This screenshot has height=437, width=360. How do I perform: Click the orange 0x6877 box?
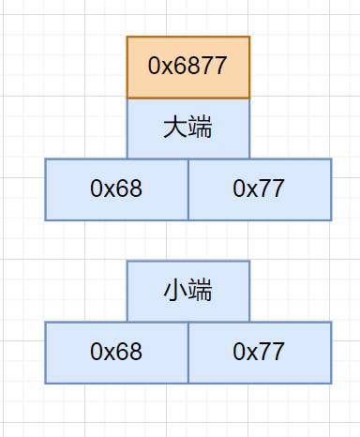[x=188, y=68]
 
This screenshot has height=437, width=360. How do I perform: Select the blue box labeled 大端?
[x=188, y=128]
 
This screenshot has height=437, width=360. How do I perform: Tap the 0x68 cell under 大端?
[x=116, y=189]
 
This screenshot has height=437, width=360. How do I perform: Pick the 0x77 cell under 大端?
[x=260, y=189]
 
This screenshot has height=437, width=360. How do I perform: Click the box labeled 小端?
[x=188, y=292]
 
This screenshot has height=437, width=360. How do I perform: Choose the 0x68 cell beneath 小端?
[x=116, y=353]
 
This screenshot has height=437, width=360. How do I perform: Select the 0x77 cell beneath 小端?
[x=260, y=353]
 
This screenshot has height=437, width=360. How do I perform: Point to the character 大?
[x=175, y=128]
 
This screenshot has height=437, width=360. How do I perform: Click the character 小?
[x=175, y=292]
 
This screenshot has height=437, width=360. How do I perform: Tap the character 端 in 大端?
[x=201, y=128]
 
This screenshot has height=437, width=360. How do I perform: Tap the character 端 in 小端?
[x=201, y=292]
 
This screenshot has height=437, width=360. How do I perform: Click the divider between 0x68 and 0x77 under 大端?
[x=188, y=189]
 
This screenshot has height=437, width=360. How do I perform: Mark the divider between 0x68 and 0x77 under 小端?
[x=188, y=353]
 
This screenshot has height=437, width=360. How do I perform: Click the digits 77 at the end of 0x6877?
[x=214, y=68]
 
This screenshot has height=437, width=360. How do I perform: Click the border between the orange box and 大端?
[x=188, y=98]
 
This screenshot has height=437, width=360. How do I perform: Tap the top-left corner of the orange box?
[x=127, y=38]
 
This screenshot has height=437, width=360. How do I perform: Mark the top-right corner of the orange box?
[x=249, y=38]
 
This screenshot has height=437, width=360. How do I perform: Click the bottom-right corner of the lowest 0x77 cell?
[x=331, y=383]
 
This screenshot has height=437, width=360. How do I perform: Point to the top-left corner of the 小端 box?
[x=127, y=262]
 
